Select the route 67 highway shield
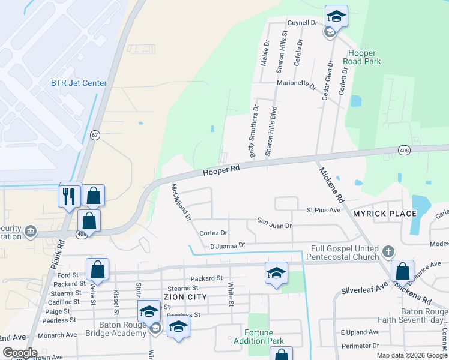coord(95,135)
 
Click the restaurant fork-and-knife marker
coord(70,195)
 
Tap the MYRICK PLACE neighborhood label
coord(385,214)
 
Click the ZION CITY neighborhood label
coord(186,297)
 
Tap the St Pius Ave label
coord(324,211)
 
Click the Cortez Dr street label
coord(213,233)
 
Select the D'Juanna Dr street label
coord(228,245)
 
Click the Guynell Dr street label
coord(302,23)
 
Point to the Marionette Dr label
coord(297,85)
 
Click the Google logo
coord(20,353)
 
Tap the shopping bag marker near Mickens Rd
coord(402,271)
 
